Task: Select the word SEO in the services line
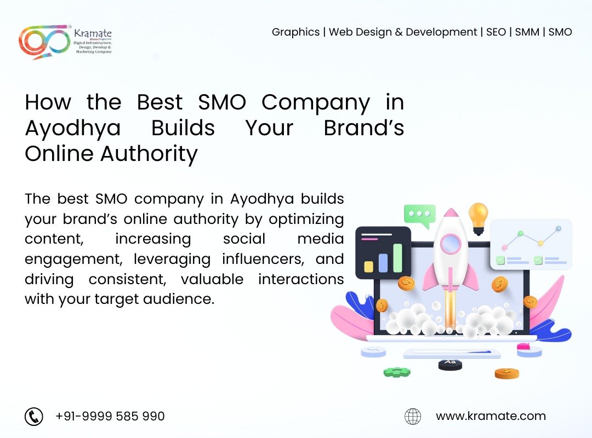click(x=496, y=32)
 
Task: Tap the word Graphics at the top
click(x=295, y=32)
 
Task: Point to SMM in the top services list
click(x=527, y=32)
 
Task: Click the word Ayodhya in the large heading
click(x=73, y=129)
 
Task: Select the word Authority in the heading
click(x=149, y=154)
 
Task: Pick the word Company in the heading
click(x=316, y=103)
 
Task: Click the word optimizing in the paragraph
click(x=306, y=220)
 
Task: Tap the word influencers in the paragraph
click(x=263, y=260)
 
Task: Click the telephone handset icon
click(x=33, y=417)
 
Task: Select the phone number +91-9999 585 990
click(x=110, y=416)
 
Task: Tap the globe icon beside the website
click(x=413, y=417)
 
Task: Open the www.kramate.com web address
click(x=491, y=416)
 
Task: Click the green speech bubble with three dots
click(x=419, y=216)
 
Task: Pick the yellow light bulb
click(x=479, y=218)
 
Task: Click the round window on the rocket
click(x=451, y=243)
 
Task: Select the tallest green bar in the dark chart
click(x=397, y=258)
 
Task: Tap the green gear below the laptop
click(x=397, y=372)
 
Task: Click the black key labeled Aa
click(x=450, y=365)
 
